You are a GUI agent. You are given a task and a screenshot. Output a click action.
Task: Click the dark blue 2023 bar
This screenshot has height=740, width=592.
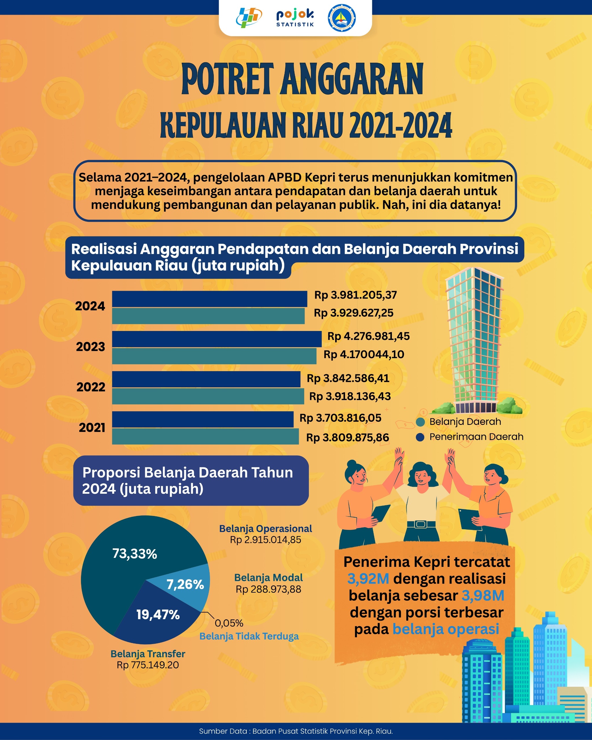coord(217,339)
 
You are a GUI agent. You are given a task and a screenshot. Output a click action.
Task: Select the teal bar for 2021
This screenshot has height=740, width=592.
coord(205,436)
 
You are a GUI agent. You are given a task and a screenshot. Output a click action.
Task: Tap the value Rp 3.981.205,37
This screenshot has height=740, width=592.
coord(355,295)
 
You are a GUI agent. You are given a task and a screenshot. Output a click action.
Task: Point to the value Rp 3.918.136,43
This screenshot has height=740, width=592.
coord(350,396)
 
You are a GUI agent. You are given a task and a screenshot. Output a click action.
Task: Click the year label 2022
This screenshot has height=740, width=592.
coord(91,387)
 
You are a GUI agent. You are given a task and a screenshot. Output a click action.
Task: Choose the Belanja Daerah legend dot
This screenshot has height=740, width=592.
coord(420,422)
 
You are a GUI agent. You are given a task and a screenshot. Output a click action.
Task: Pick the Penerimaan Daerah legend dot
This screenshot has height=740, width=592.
coord(420,437)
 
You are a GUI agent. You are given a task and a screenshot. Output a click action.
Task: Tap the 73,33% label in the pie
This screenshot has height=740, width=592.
coord(134,554)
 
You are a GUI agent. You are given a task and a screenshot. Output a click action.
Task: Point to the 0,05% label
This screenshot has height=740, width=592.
coord(229,623)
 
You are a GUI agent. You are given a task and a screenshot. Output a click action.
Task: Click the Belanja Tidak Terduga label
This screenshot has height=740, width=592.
coord(249,636)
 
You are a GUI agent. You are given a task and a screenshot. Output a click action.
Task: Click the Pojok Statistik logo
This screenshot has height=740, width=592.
coord(295,18)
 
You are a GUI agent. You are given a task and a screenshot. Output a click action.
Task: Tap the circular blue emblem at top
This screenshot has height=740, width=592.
coord(342,18)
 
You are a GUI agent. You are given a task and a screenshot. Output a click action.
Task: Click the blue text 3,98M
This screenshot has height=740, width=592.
coord(483,595)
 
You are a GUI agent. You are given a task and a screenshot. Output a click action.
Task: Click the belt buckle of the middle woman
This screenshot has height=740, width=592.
coord(421,524)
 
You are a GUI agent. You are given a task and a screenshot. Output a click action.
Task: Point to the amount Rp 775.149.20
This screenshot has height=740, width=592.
coord(148,665)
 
